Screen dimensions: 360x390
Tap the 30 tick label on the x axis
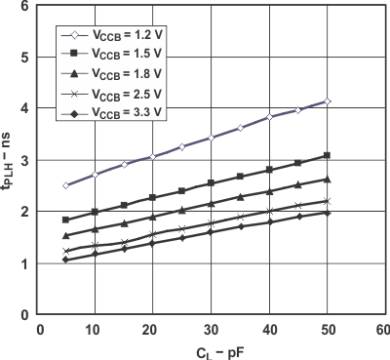211,328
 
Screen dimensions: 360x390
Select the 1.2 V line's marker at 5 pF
66,185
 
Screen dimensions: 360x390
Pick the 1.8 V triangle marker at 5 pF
66,236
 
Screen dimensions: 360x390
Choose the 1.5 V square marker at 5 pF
66,220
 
